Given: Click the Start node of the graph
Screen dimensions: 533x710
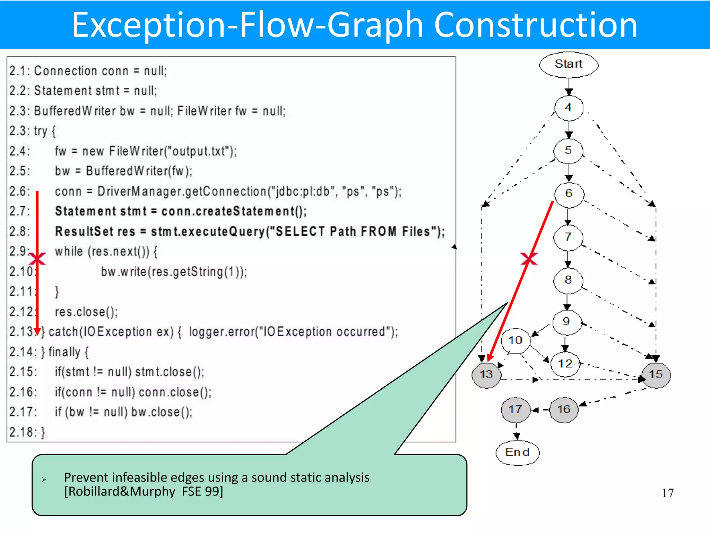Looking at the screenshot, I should (x=569, y=64).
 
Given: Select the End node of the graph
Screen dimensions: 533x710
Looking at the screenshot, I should (x=517, y=452).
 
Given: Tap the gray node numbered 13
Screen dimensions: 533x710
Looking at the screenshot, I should (x=486, y=374).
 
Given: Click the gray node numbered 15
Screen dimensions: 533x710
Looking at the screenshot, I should (x=656, y=374).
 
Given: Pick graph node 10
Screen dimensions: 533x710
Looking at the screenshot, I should (x=516, y=340).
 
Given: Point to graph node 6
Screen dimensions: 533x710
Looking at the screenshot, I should (x=569, y=194).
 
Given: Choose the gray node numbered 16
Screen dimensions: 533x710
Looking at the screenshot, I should (x=564, y=409).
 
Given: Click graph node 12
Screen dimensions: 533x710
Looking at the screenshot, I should (x=565, y=364).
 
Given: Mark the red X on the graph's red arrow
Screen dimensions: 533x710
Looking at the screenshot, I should (x=529, y=259).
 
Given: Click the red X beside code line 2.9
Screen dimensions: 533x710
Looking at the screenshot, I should (x=37, y=259).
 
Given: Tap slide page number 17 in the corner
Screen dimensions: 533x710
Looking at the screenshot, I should (x=668, y=493).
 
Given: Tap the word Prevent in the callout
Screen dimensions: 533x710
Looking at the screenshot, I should (x=86, y=477).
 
